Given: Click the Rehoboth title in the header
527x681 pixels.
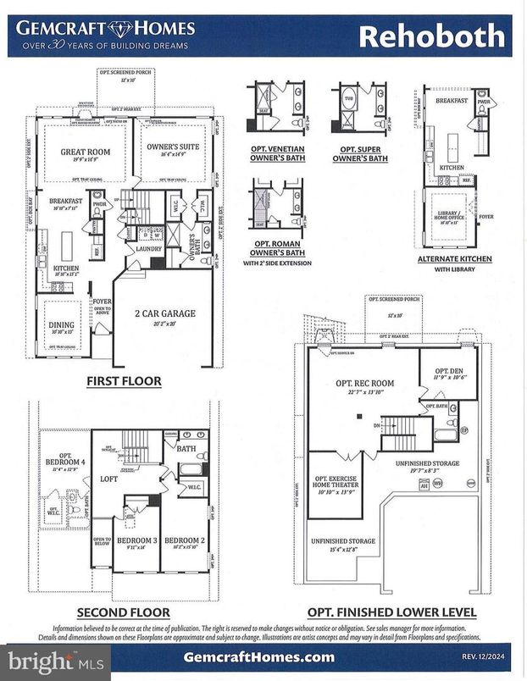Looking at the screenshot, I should pos(432,36).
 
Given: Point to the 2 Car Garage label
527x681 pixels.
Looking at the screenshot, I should pos(166,313).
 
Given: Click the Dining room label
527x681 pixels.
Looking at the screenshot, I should pos(61,324).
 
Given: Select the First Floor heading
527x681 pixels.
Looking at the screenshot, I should pos(124,381).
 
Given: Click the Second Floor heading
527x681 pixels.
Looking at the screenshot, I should pos(124,612).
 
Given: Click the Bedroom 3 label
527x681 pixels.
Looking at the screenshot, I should pos(136,540).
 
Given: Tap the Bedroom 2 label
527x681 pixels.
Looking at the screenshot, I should pos(183,540).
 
